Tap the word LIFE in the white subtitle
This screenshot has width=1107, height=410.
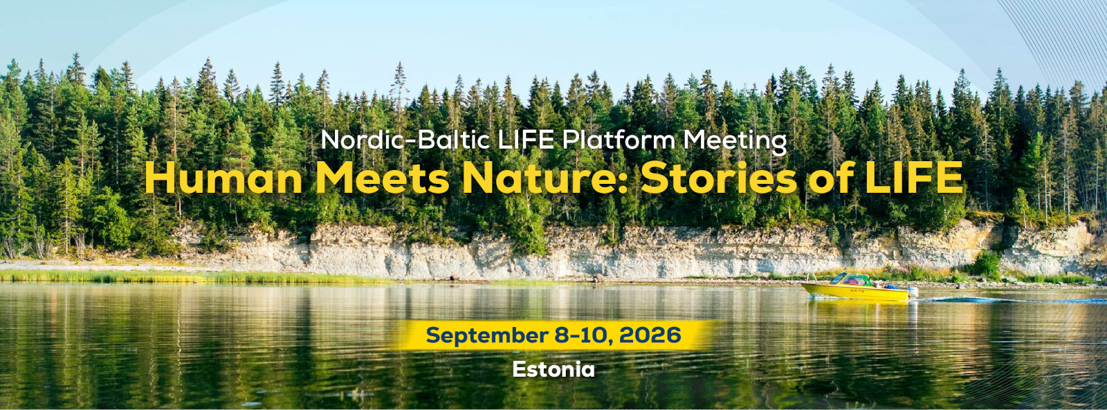[527, 140]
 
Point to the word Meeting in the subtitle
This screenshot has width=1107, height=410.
[735, 141]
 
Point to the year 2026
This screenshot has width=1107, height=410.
[650, 335]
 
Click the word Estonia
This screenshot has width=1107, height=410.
[553, 369]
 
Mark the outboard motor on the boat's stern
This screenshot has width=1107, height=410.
[913, 292]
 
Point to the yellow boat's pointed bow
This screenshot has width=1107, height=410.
[803, 285]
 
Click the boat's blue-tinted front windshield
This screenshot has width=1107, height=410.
[838, 278]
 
